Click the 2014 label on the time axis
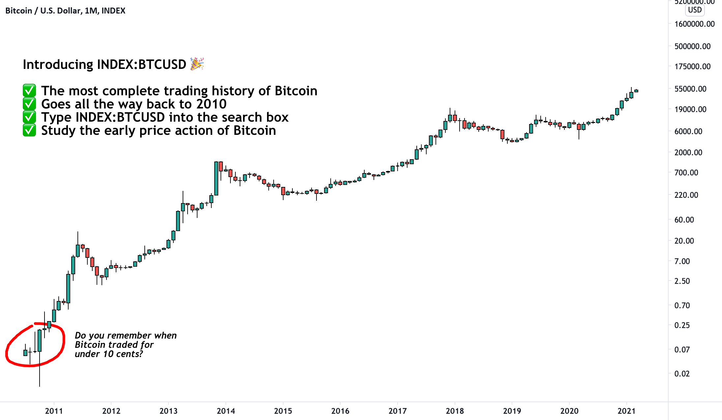(x=226, y=411)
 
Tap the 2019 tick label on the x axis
(x=512, y=411)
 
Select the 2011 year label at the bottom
(x=54, y=411)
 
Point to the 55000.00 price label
(x=690, y=89)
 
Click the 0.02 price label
(x=682, y=374)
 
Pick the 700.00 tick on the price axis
(x=686, y=172)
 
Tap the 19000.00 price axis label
(x=690, y=109)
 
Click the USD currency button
(x=695, y=10)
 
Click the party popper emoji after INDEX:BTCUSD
(x=197, y=64)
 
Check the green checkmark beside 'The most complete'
(x=29, y=91)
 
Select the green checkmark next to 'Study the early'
(x=29, y=130)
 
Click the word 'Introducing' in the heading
(x=58, y=64)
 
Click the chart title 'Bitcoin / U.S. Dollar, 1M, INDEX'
(x=65, y=11)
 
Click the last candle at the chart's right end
(x=636, y=91)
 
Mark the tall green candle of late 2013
(x=216, y=178)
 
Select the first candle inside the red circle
(x=25, y=352)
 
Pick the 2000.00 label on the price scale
(x=688, y=152)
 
